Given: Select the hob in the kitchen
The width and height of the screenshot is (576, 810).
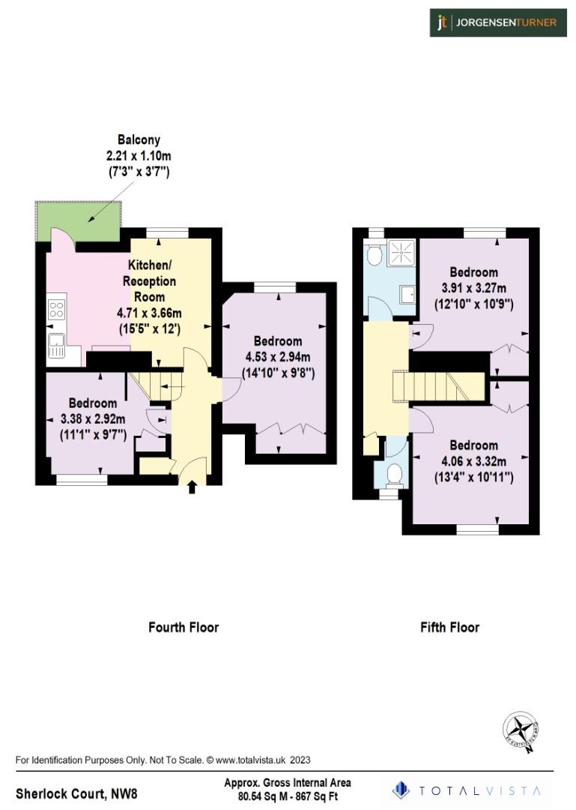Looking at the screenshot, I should coord(56,308).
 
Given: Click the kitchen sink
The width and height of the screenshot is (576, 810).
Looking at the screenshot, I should coord(56,346).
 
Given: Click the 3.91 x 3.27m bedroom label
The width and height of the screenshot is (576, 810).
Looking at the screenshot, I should coord(474,288).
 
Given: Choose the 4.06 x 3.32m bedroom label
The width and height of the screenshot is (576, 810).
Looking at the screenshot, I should coord(474,461).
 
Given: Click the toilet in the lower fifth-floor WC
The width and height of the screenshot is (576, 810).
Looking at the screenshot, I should coord(394,473).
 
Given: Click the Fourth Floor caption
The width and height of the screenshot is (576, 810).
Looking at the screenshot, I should coord(184,627).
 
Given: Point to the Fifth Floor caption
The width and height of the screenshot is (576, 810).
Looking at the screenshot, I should coord(449,627).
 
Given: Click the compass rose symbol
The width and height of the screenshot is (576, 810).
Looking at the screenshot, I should coord(521,728).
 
